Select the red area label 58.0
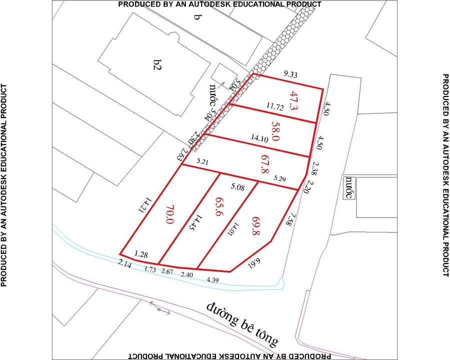pyautogui.click(x=275, y=131)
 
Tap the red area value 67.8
pyautogui.click(x=264, y=163)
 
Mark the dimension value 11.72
pyautogui.click(x=275, y=106)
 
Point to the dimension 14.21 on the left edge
pyautogui.click(x=145, y=205)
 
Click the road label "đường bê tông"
pyautogui.click(x=244, y=324)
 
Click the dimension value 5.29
pyautogui.click(x=279, y=178)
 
